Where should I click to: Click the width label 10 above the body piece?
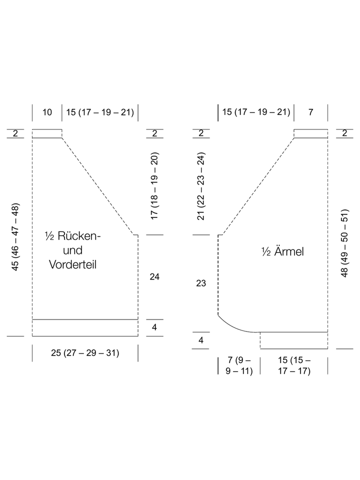(x=47, y=112)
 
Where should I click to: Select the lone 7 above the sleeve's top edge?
(x=310, y=112)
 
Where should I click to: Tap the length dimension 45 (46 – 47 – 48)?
(x=15, y=236)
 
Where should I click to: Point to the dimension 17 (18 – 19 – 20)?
(x=154, y=185)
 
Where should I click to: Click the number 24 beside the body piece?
(x=154, y=276)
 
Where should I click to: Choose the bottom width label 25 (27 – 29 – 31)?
(x=85, y=353)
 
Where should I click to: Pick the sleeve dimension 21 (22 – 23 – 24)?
(x=201, y=186)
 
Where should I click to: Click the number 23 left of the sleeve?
(x=201, y=283)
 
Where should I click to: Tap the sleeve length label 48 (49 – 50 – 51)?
(x=344, y=243)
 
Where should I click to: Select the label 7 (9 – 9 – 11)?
(x=239, y=365)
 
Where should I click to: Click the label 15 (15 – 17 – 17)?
(x=294, y=365)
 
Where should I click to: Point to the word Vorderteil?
(x=73, y=265)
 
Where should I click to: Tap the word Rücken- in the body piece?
(x=79, y=236)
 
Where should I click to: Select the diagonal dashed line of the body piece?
(x=98, y=186)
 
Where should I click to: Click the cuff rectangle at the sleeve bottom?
(x=294, y=340)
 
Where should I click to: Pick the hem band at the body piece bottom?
(x=85, y=328)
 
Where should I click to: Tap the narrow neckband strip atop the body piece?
(x=47, y=133)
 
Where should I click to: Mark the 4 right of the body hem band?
(x=154, y=327)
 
